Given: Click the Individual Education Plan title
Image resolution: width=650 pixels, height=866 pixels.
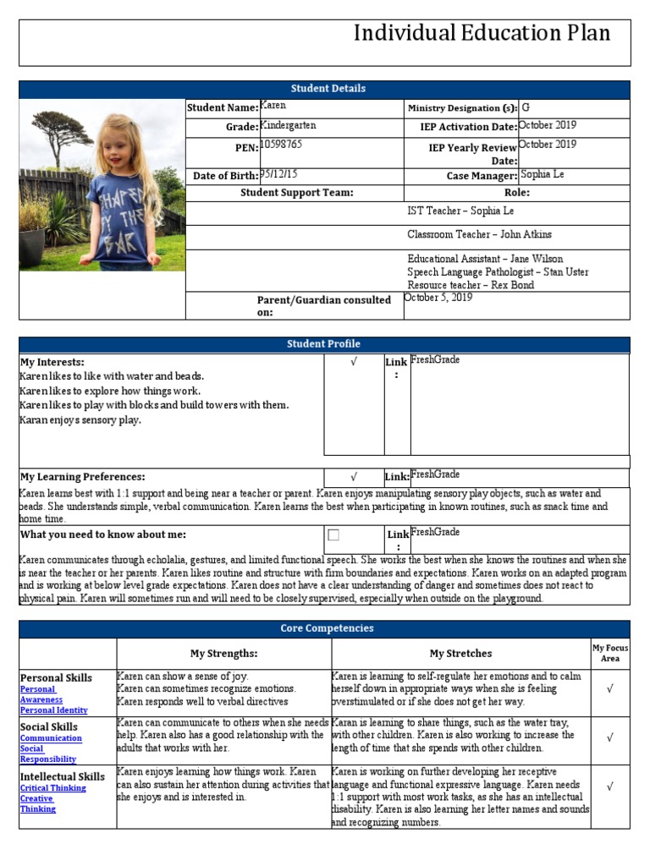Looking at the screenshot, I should (x=482, y=33).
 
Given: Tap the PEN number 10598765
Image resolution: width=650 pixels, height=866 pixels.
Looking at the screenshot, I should (x=281, y=145).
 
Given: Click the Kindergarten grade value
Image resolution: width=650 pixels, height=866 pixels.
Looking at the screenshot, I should (x=288, y=125).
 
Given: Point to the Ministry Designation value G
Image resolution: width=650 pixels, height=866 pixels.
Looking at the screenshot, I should (x=526, y=107).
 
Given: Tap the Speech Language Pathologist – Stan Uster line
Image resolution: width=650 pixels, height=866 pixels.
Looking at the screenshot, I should (x=498, y=272).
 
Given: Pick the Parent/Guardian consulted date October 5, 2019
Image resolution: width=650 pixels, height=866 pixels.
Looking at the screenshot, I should (x=438, y=298).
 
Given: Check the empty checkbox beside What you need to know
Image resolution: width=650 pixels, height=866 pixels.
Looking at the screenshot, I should (x=333, y=535).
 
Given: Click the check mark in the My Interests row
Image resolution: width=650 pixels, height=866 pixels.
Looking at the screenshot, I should (x=353, y=362).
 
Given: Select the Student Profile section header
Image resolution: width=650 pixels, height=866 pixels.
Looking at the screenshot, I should (x=325, y=344).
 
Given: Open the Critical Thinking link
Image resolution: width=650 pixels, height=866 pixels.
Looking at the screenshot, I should (x=52, y=788).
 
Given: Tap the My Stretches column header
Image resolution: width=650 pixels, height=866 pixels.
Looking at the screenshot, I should (x=460, y=654).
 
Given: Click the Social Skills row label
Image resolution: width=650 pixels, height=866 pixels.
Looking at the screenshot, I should (x=49, y=726).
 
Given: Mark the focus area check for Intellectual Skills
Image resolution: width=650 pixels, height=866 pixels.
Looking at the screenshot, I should (x=609, y=787).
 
